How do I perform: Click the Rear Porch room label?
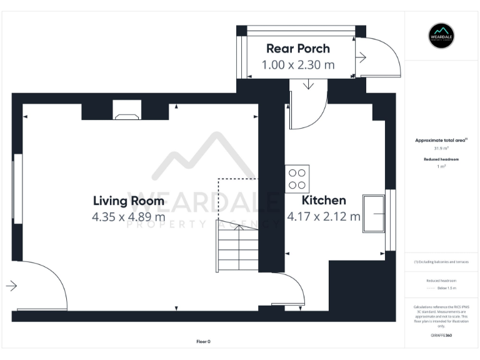click(x=297, y=49)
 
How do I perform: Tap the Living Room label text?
click(x=129, y=201)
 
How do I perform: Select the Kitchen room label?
click(x=324, y=201)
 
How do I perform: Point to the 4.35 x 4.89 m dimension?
click(x=129, y=217)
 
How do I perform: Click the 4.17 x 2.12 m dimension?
click(x=324, y=217)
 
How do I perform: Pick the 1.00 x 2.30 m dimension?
click(x=297, y=64)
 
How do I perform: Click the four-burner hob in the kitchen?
click(x=297, y=179)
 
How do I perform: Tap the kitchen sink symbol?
click(x=373, y=214)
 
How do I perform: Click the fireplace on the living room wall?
click(x=127, y=115)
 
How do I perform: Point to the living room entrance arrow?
click(x=11, y=286)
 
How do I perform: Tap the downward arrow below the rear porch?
click(x=308, y=85)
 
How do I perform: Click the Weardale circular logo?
click(x=442, y=36)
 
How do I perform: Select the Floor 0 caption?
click(x=204, y=341)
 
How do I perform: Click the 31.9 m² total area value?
click(x=442, y=149)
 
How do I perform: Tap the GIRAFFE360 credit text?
click(x=442, y=336)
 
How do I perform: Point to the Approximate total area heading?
click(x=442, y=141)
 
